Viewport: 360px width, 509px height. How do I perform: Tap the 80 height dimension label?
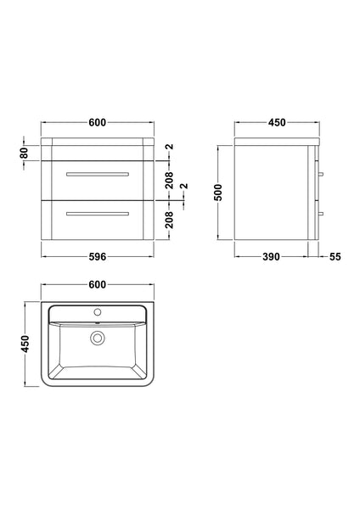click(25, 154)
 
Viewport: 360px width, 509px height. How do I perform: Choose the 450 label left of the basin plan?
click(25, 343)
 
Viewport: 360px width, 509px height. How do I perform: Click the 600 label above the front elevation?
click(98, 123)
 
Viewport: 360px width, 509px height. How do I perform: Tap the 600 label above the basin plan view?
click(98, 284)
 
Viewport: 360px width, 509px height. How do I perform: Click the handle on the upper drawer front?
click(98, 173)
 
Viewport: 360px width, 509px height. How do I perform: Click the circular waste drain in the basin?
click(98, 338)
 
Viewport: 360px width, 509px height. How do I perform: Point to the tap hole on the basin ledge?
click(98, 313)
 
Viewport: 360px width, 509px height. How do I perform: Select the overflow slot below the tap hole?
click(98, 322)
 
